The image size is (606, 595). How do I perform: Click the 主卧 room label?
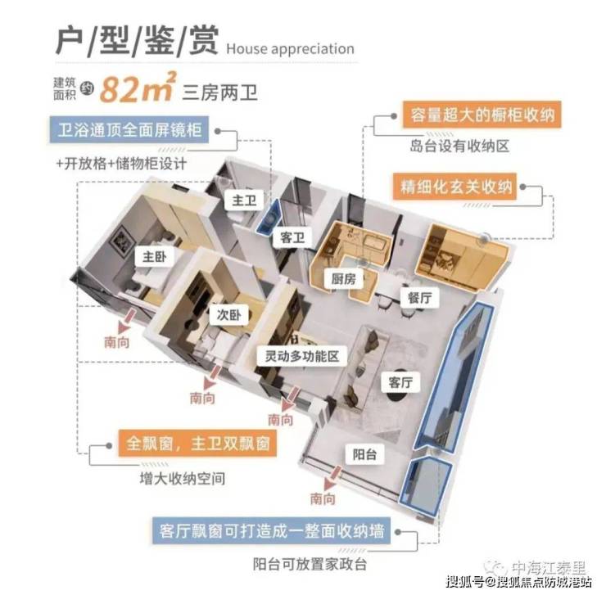[x=154, y=257]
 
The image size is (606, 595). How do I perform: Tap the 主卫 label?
[x=244, y=201]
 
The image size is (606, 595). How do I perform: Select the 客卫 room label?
[x=292, y=237]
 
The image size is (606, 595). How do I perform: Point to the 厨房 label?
[x=343, y=278]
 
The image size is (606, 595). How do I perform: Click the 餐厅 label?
[x=420, y=298]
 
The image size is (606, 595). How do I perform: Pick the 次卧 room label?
[x=228, y=315]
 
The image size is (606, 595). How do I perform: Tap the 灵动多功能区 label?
[x=302, y=356]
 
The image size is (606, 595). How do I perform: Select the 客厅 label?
[x=400, y=383]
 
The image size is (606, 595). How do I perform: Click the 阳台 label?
[x=364, y=454]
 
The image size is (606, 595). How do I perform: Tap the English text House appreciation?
[x=290, y=49]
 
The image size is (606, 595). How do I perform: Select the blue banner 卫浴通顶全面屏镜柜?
[x=129, y=130]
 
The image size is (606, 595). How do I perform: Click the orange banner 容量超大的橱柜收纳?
[x=482, y=115]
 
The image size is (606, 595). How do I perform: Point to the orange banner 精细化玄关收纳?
[x=454, y=187]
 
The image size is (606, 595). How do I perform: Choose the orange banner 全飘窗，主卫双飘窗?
[x=197, y=443]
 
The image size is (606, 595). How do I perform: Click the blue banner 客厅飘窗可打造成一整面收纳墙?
[x=271, y=531]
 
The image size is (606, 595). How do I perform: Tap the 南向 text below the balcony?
[x=323, y=498]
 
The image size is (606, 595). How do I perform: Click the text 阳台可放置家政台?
[x=310, y=565]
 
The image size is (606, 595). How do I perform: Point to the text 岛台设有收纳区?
[x=459, y=146]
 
